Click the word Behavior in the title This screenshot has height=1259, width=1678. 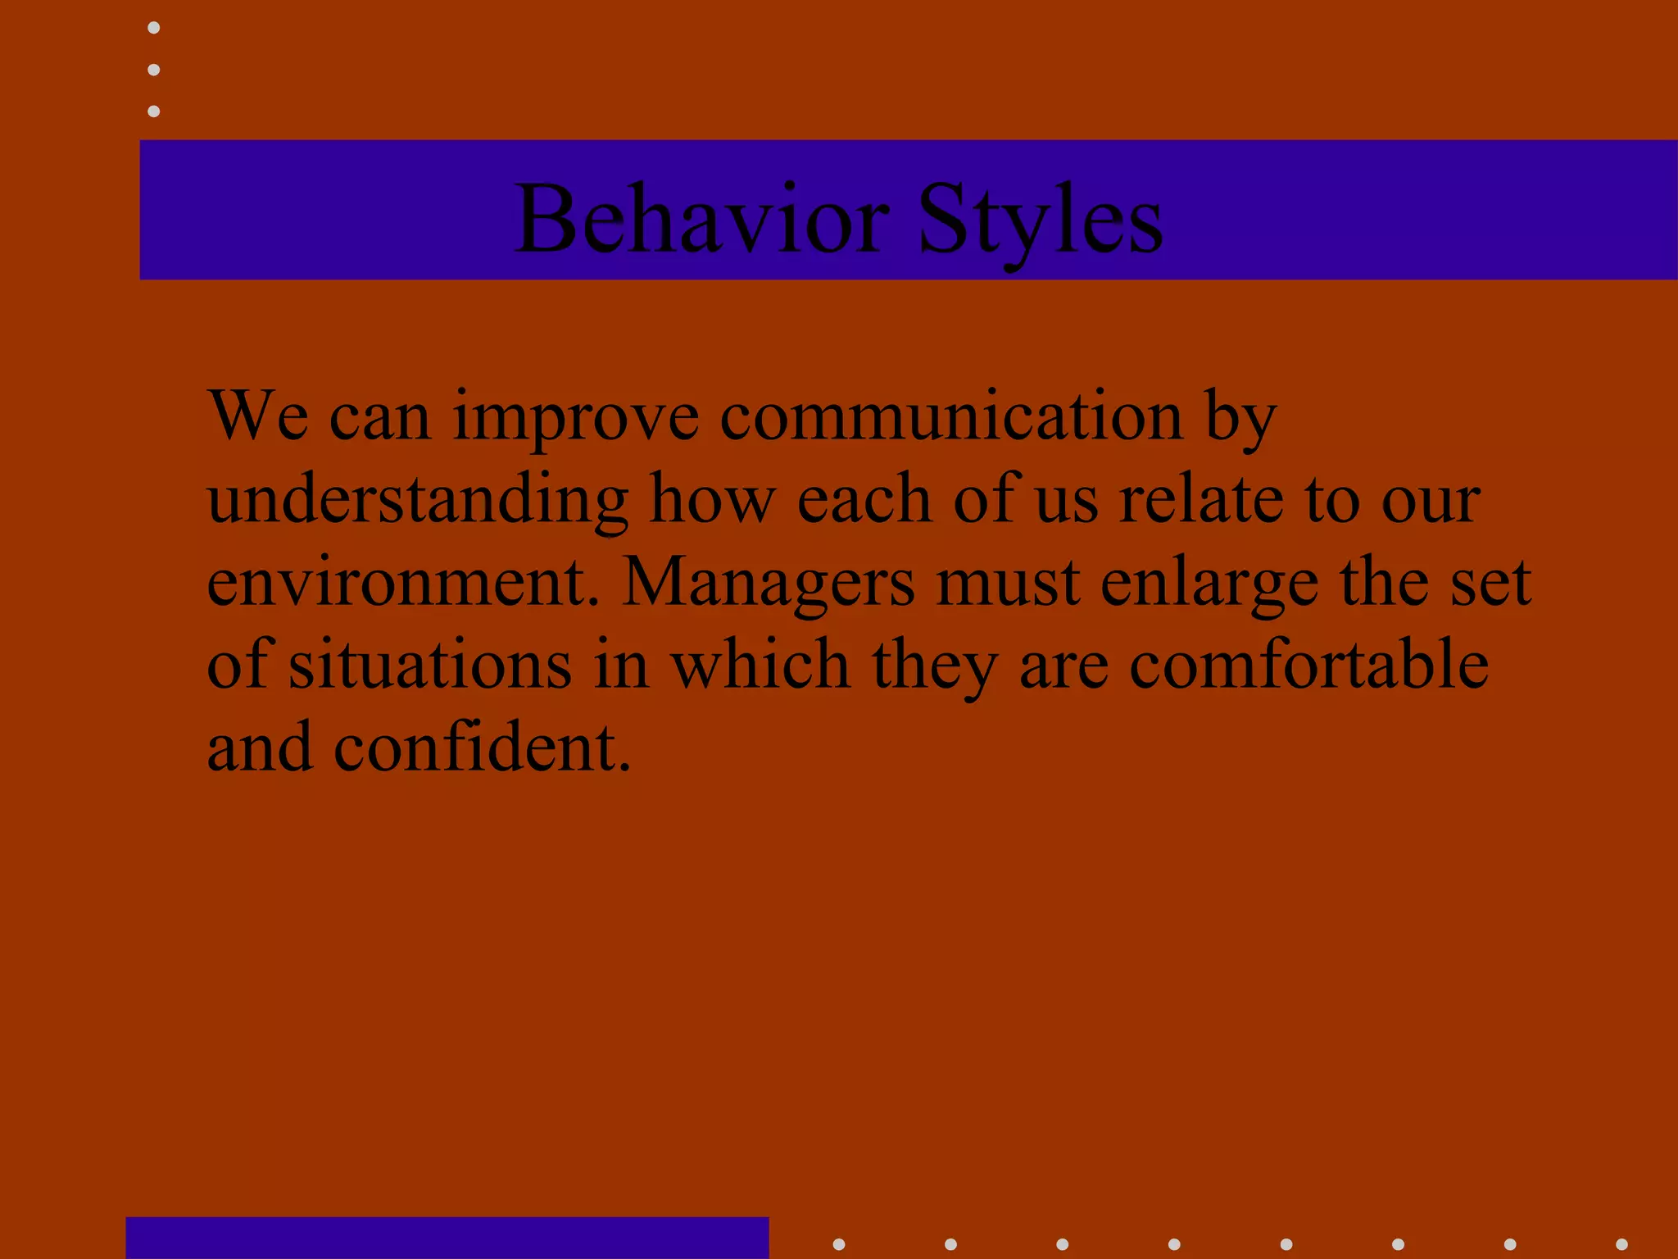click(701, 219)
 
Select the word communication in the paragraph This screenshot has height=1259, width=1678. click(951, 416)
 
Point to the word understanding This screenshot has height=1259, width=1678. click(418, 500)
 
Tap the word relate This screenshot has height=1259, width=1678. click(1201, 499)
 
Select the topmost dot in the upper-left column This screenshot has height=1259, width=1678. click(153, 28)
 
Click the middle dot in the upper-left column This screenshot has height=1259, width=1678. click(153, 70)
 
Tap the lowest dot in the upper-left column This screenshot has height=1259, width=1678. click(153, 111)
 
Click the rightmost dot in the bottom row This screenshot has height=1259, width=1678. click(1621, 1244)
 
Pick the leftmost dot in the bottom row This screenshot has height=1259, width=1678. click(839, 1244)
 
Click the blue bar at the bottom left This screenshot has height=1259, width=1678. click(447, 1238)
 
